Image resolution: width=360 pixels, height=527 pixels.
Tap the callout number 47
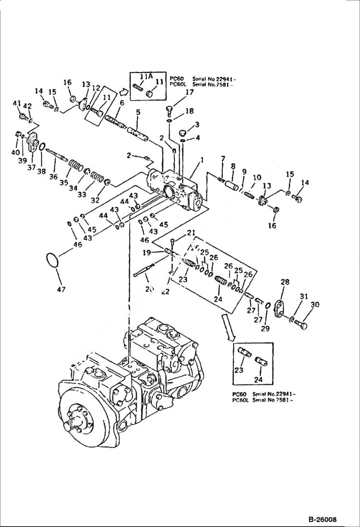pyautogui.click(x=61, y=289)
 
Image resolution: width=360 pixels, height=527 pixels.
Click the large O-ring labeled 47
pyautogui.click(x=52, y=261)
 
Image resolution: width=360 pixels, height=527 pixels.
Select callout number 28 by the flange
pyautogui.click(x=285, y=282)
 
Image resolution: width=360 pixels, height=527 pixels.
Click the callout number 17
pyautogui.click(x=189, y=92)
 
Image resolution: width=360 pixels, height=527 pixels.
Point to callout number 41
pyautogui.click(x=16, y=103)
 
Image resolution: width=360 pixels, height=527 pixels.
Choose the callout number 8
pyautogui.click(x=233, y=166)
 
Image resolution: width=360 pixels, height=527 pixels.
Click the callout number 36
pyautogui.click(x=54, y=176)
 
